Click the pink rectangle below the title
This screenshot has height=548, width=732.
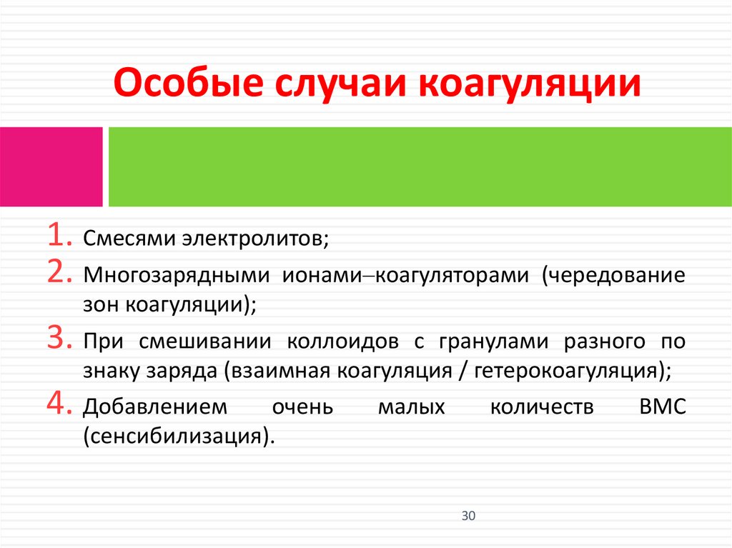coord(51,166)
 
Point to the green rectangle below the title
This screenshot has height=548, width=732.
coord(420,166)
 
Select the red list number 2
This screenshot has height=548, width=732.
coord(59,273)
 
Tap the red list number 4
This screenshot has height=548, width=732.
coord(59,404)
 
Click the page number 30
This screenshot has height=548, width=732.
coord(468,516)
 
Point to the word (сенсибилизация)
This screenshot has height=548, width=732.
coord(179,436)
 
